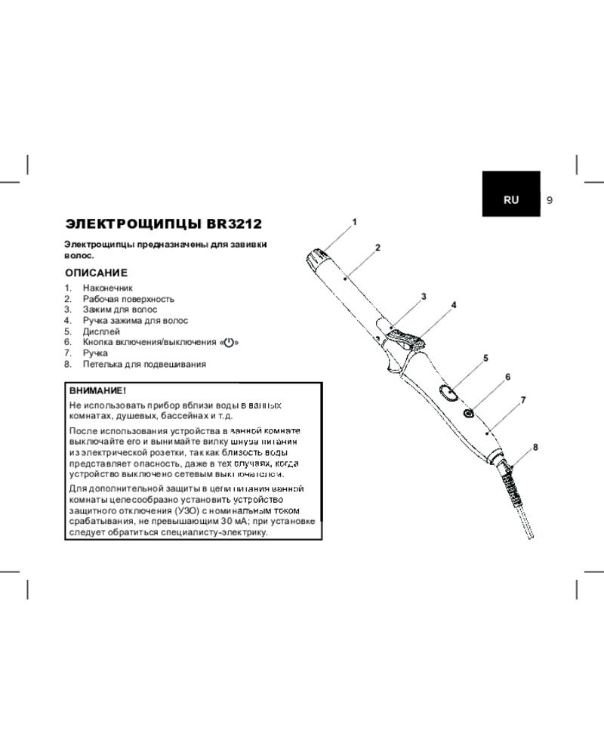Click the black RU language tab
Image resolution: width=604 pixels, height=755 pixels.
tap(511, 200)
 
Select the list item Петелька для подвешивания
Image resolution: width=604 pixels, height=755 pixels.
tap(144, 364)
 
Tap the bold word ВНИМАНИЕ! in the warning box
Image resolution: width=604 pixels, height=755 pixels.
tap(94, 392)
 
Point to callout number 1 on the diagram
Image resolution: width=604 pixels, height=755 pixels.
tap(353, 222)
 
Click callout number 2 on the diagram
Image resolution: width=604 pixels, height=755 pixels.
tap(377, 248)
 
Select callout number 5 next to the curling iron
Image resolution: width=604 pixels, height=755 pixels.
tap(486, 358)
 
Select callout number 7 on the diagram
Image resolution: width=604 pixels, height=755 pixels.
tap(522, 399)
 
